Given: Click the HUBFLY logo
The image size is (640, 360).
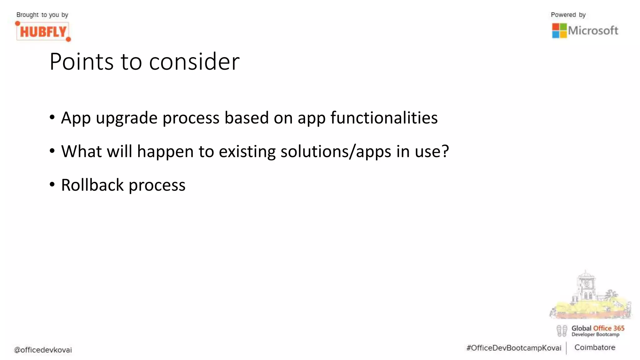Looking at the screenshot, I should point(43,31).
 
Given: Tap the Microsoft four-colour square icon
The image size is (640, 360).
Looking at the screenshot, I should point(559,31).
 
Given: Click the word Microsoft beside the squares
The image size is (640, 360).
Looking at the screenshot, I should point(593,31).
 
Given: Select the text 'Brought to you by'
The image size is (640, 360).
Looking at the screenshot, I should point(42,15).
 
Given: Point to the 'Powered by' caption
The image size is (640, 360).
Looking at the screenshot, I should point(568,15).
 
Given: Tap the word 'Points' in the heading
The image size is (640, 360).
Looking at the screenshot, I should point(82,62).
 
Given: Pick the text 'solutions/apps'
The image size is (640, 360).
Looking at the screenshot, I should point(336,152).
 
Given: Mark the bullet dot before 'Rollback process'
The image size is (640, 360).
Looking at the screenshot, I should point(52,185).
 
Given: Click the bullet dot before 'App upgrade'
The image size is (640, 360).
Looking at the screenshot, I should point(52,117).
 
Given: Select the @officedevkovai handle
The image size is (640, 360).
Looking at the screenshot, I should point(43,350).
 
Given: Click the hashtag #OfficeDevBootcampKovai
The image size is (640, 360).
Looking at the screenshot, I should point(513,348).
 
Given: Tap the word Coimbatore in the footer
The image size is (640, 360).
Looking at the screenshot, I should point(594,347).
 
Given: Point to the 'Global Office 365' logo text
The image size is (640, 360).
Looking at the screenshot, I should point(597,328).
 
